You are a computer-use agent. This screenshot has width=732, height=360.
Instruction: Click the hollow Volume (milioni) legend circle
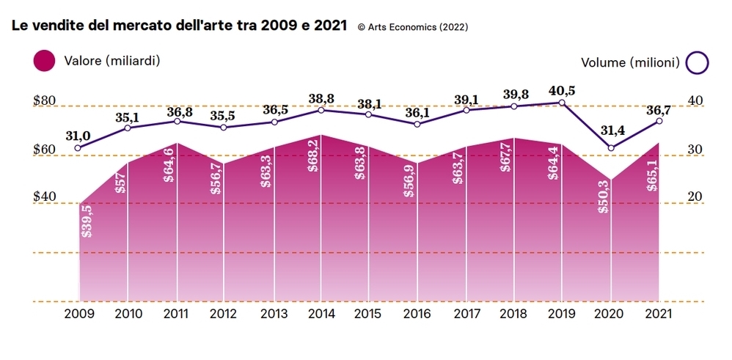(698, 63)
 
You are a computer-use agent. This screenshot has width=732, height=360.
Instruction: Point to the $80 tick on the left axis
(45, 100)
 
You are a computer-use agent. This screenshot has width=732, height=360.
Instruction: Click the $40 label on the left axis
(45, 196)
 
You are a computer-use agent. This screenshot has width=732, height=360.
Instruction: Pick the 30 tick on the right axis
(695, 150)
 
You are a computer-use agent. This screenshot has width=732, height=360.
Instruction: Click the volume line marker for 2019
(563, 103)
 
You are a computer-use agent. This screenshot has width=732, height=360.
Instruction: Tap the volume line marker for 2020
(611, 148)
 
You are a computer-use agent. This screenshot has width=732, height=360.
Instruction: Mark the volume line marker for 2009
(78, 147)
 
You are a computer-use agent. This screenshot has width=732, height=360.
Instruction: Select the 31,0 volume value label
(78, 135)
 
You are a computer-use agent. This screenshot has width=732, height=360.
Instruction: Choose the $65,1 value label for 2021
(651, 175)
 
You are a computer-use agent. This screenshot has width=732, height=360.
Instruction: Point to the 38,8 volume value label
(321, 98)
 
